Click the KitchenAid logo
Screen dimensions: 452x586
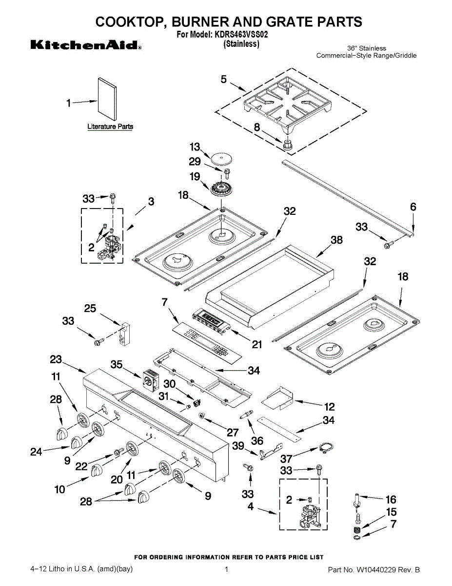86,45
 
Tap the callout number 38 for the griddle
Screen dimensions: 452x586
336,240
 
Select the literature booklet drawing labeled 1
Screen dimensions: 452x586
107,99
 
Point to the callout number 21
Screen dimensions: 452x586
257,344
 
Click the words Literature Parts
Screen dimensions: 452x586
110,126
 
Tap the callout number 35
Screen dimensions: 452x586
117,364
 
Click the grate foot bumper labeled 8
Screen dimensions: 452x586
288,144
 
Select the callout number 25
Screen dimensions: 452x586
90,308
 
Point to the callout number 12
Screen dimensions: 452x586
329,407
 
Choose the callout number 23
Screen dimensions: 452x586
56,359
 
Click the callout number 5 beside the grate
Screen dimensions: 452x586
224,79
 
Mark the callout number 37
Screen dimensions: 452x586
286,459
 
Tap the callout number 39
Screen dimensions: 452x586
238,446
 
